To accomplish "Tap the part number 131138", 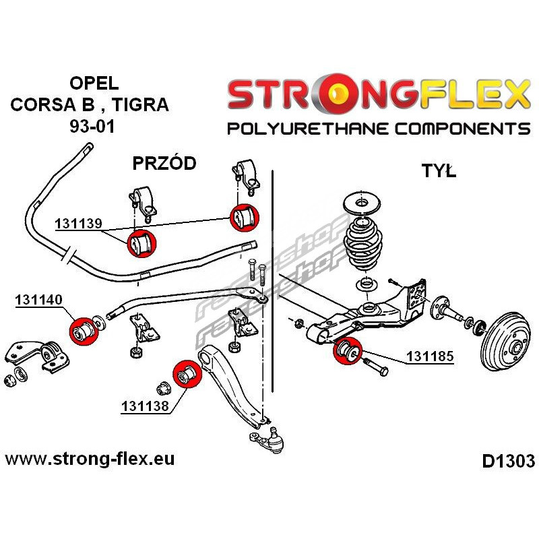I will click(144, 406).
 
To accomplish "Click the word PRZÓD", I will click(164, 163).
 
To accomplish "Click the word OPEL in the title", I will click(94, 84).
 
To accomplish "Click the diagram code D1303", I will click(508, 462).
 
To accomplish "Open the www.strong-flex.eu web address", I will click(90, 460).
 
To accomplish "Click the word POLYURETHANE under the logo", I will click(311, 128).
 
